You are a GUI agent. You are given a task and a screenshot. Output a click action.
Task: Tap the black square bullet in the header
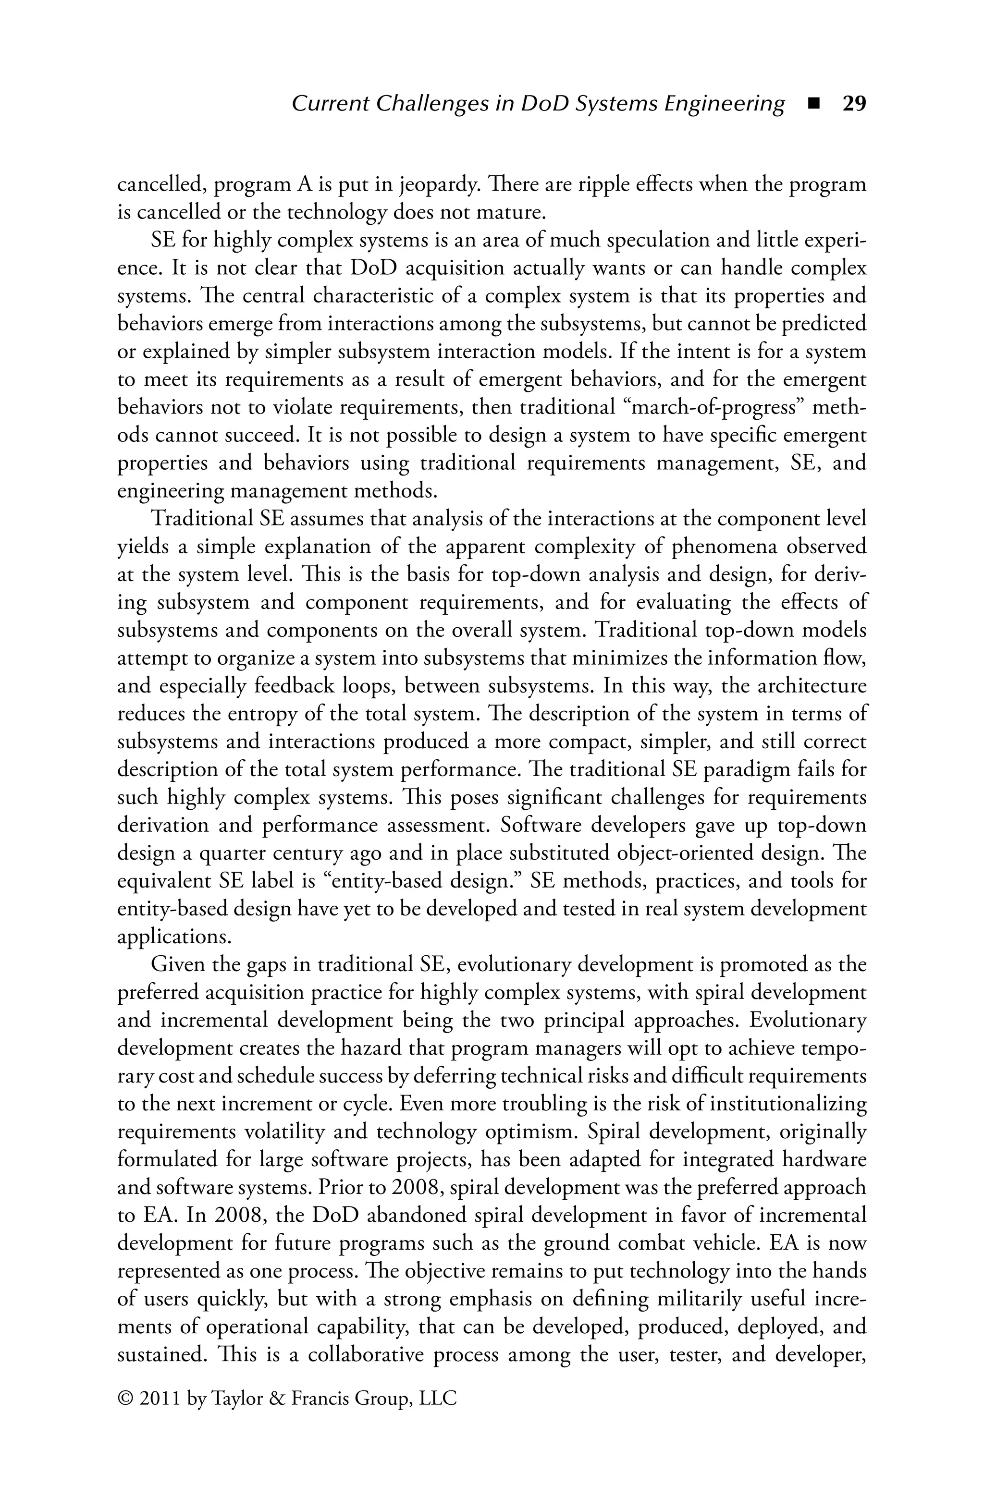(814, 104)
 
